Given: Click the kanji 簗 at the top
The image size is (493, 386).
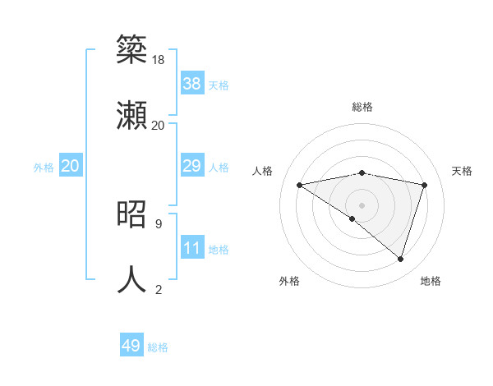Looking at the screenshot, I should pyautogui.click(x=131, y=50).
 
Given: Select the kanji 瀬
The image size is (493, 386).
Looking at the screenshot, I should pyautogui.click(x=131, y=116).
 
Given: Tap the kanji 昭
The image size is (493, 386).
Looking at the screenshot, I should pyautogui.click(x=131, y=214).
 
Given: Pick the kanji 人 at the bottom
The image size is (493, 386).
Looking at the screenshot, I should pyautogui.click(x=131, y=279).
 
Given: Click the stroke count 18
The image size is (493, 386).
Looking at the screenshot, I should pyautogui.click(x=159, y=59).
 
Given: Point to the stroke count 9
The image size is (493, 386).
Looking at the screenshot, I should pyautogui.click(x=159, y=223).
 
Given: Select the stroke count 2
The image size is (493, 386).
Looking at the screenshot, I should pyautogui.click(x=159, y=288).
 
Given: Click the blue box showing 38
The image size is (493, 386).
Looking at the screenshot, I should pyautogui.click(x=192, y=83).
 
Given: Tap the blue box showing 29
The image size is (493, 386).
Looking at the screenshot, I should pyautogui.click(x=192, y=166).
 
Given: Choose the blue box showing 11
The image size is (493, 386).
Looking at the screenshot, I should pyautogui.click(x=192, y=248).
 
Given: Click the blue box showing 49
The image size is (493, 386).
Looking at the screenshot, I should pyautogui.click(x=131, y=346).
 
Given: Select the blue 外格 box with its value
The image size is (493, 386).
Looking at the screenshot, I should pyautogui.click(x=70, y=166).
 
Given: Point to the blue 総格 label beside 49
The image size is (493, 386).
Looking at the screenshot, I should pyautogui.click(x=158, y=347).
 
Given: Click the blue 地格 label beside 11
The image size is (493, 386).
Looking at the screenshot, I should pyautogui.click(x=219, y=249).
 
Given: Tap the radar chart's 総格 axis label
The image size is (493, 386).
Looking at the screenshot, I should pyautogui.click(x=362, y=107).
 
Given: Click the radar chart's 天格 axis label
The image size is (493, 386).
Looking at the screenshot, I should pyautogui.click(x=463, y=171).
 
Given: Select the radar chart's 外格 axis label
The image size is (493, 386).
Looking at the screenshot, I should pyautogui.click(x=289, y=281).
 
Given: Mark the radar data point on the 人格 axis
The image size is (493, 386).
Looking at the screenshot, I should pyautogui.click(x=300, y=185).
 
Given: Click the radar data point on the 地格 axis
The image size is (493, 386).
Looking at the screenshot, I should pyautogui.click(x=400, y=259).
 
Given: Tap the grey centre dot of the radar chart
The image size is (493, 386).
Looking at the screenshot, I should pyautogui.click(x=362, y=204).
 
